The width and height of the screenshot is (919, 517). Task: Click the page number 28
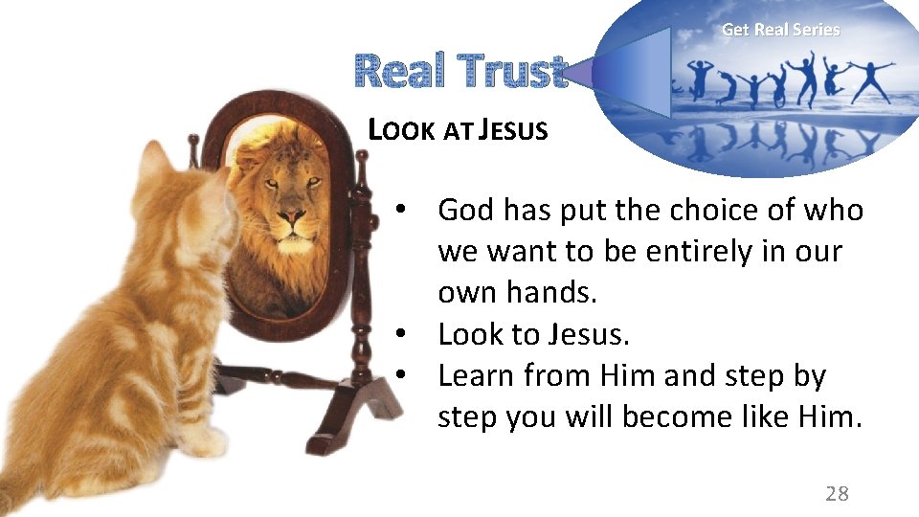837,493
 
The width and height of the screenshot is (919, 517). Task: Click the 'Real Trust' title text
460,71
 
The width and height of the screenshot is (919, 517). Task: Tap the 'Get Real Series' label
780,30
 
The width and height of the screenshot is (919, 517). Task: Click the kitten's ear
153,163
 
